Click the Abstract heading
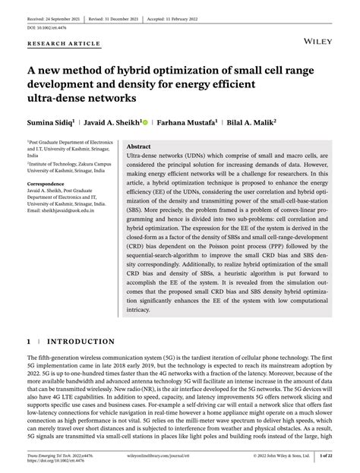[x=138, y=147]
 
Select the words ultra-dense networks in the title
[x=83, y=99]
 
